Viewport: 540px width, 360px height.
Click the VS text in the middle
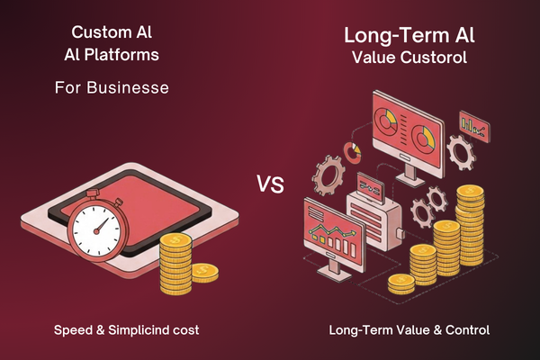tap(271, 186)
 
